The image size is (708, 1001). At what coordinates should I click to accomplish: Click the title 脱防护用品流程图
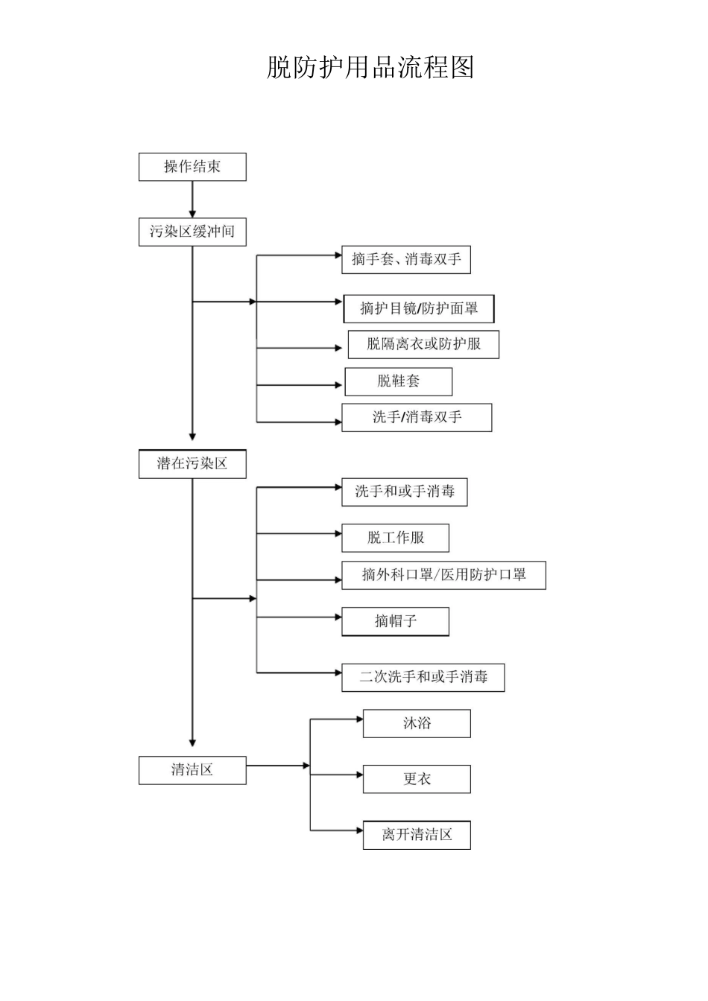(x=370, y=68)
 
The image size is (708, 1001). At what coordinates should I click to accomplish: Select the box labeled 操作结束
(x=192, y=167)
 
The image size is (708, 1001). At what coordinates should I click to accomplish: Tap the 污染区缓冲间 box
(x=192, y=232)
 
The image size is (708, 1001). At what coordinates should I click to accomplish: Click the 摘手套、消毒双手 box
(x=406, y=260)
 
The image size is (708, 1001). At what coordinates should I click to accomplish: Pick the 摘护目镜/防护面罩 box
(x=418, y=308)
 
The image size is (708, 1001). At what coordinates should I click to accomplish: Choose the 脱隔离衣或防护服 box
(x=423, y=344)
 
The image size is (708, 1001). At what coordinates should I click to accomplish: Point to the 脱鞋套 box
(x=398, y=381)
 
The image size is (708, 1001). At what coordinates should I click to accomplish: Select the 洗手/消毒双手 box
(x=417, y=417)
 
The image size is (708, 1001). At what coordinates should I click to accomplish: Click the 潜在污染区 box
(x=192, y=463)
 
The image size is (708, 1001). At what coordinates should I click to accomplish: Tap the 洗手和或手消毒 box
(x=404, y=492)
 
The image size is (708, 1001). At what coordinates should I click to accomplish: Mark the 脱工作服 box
(x=395, y=538)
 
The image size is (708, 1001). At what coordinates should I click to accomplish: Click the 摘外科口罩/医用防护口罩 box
(x=443, y=575)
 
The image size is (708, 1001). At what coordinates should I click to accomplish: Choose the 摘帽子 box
(x=395, y=621)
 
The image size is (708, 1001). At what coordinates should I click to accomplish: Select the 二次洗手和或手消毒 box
(x=423, y=677)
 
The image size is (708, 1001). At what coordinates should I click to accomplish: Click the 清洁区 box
(x=192, y=770)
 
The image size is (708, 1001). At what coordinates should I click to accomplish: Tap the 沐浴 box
(x=417, y=723)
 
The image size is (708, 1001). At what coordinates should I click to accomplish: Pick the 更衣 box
(x=417, y=779)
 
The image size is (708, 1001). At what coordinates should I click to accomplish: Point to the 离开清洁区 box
(x=417, y=835)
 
